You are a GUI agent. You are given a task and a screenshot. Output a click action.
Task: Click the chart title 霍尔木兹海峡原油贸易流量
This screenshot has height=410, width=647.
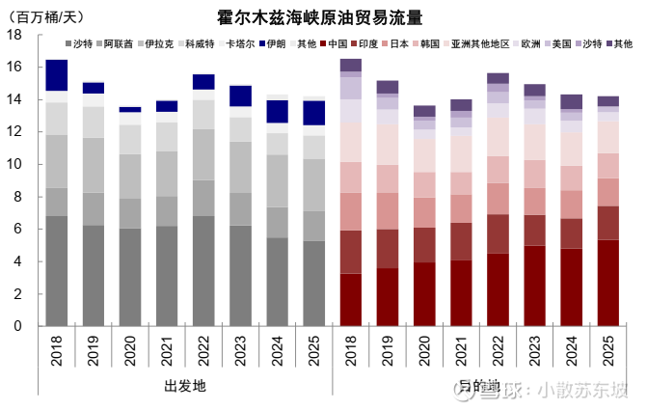(319, 17)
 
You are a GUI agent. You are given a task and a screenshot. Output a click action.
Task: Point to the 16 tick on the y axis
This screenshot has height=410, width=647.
(14, 67)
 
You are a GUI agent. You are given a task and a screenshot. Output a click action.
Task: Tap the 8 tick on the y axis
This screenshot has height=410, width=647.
(18, 197)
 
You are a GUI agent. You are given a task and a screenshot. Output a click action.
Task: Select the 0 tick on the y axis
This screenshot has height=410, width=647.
(18, 326)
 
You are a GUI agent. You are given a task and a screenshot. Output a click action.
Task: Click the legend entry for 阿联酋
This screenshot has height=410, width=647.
(119, 44)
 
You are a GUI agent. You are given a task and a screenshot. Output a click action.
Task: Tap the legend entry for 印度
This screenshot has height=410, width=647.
(363, 44)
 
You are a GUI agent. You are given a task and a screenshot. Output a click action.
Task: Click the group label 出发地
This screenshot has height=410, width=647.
(185, 386)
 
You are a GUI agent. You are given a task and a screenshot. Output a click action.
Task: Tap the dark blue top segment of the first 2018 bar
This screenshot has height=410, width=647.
(57, 74)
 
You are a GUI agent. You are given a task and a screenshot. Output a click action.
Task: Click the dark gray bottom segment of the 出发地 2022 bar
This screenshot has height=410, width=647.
(203, 271)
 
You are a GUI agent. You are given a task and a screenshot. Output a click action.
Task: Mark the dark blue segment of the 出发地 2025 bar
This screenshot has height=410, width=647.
(314, 113)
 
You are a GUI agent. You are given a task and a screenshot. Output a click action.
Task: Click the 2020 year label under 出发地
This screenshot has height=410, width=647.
(130, 353)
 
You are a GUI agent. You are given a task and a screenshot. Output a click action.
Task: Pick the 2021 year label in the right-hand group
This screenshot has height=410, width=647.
(461, 353)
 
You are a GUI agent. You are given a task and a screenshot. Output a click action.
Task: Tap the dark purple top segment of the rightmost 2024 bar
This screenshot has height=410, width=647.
(571, 101)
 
